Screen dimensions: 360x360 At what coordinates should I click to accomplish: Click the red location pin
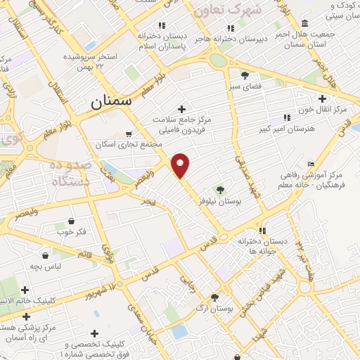tap(181, 165)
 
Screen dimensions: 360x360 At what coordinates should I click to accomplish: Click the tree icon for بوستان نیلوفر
tap(220, 189)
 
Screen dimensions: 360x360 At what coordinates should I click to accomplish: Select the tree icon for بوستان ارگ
tap(214, 297)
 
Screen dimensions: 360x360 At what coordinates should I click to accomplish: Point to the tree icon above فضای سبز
tap(245, 75)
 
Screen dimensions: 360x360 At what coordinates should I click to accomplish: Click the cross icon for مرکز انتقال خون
tap(323, 98)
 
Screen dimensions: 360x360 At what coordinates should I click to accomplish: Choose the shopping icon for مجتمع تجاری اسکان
tap(127, 134)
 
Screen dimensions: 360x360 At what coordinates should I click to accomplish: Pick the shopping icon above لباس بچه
tap(46, 255)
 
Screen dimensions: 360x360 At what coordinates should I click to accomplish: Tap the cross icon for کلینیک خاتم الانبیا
tap(25, 289)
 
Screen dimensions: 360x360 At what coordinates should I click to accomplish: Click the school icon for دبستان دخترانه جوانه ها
tap(262, 230)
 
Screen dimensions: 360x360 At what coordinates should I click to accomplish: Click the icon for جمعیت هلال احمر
tap(304, 23)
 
